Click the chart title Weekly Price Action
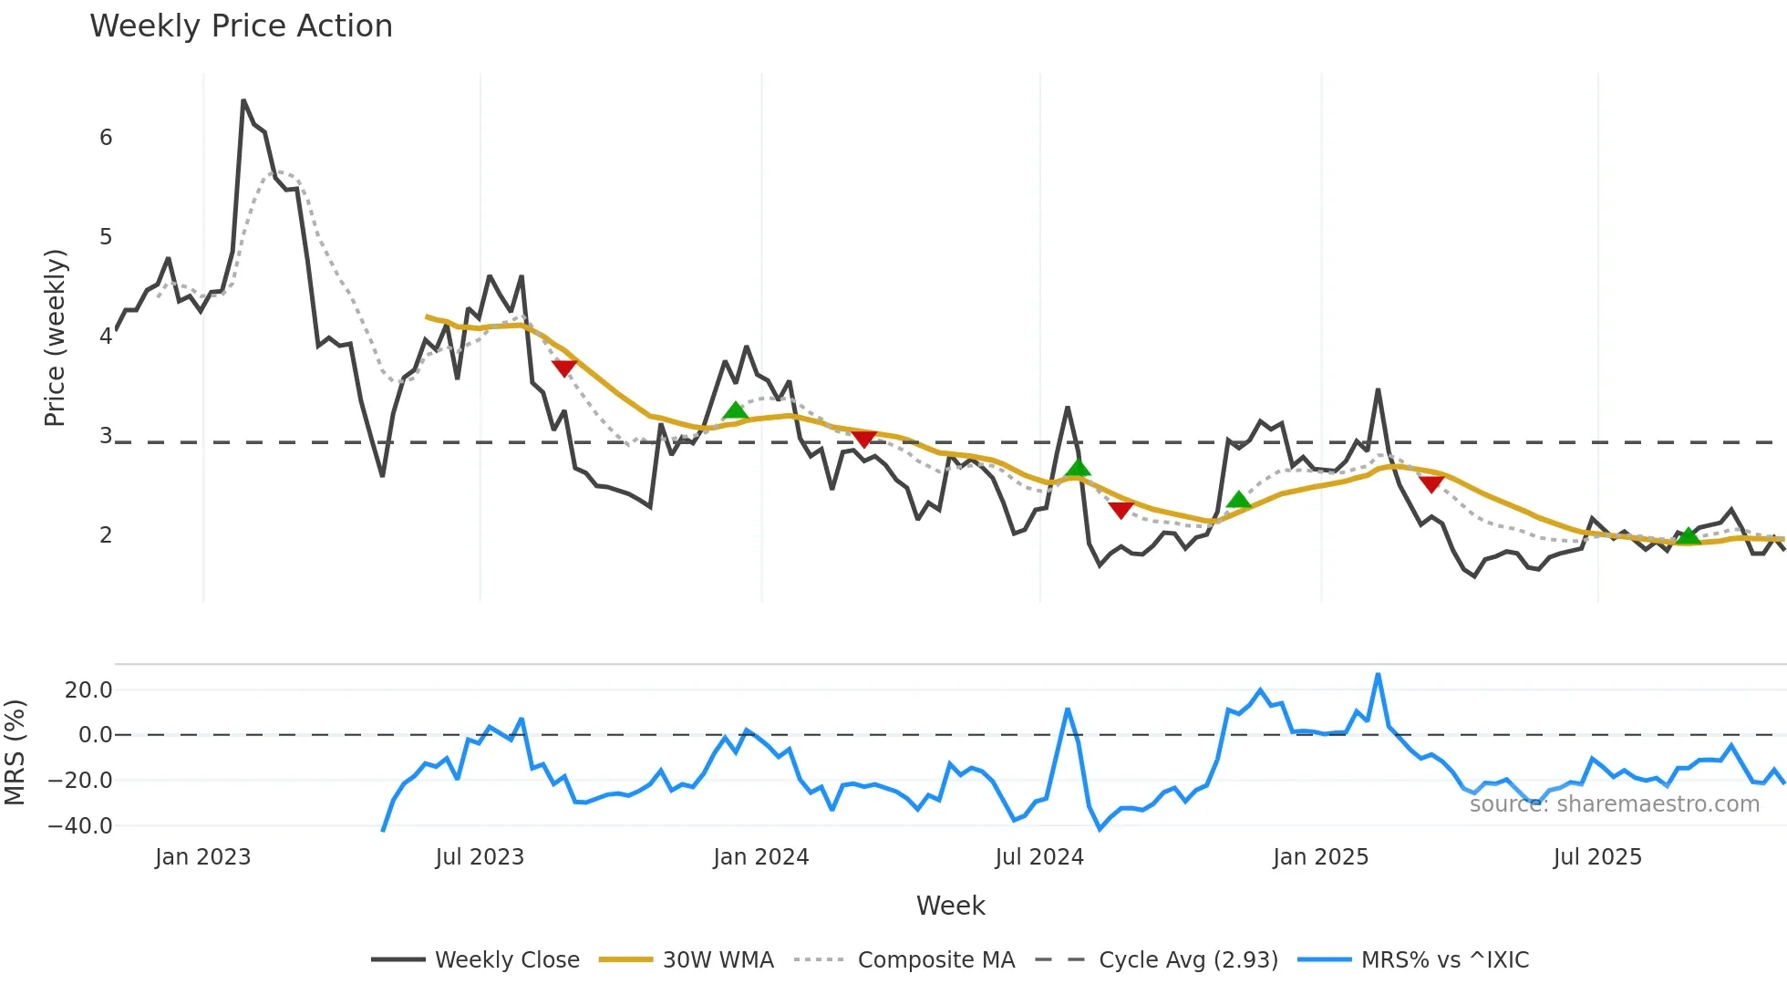click(x=241, y=26)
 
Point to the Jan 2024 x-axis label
click(x=761, y=857)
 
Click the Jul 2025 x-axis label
click(x=1597, y=857)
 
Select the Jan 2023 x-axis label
click(x=202, y=857)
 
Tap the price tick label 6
click(x=106, y=138)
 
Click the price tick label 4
click(x=106, y=337)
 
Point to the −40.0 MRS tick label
click(x=80, y=826)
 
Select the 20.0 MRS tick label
click(x=88, y=690)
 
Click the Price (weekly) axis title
click(x=56, y=337)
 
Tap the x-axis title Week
click(x=950, y=906)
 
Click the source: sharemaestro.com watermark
click(x=1614, y=804)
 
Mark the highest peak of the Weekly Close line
click(x=243, y=100)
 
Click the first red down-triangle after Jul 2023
click(x=564, y=368)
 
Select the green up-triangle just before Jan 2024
click(x=735, y=411)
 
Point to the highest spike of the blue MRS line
click(x=1378, y=675)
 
